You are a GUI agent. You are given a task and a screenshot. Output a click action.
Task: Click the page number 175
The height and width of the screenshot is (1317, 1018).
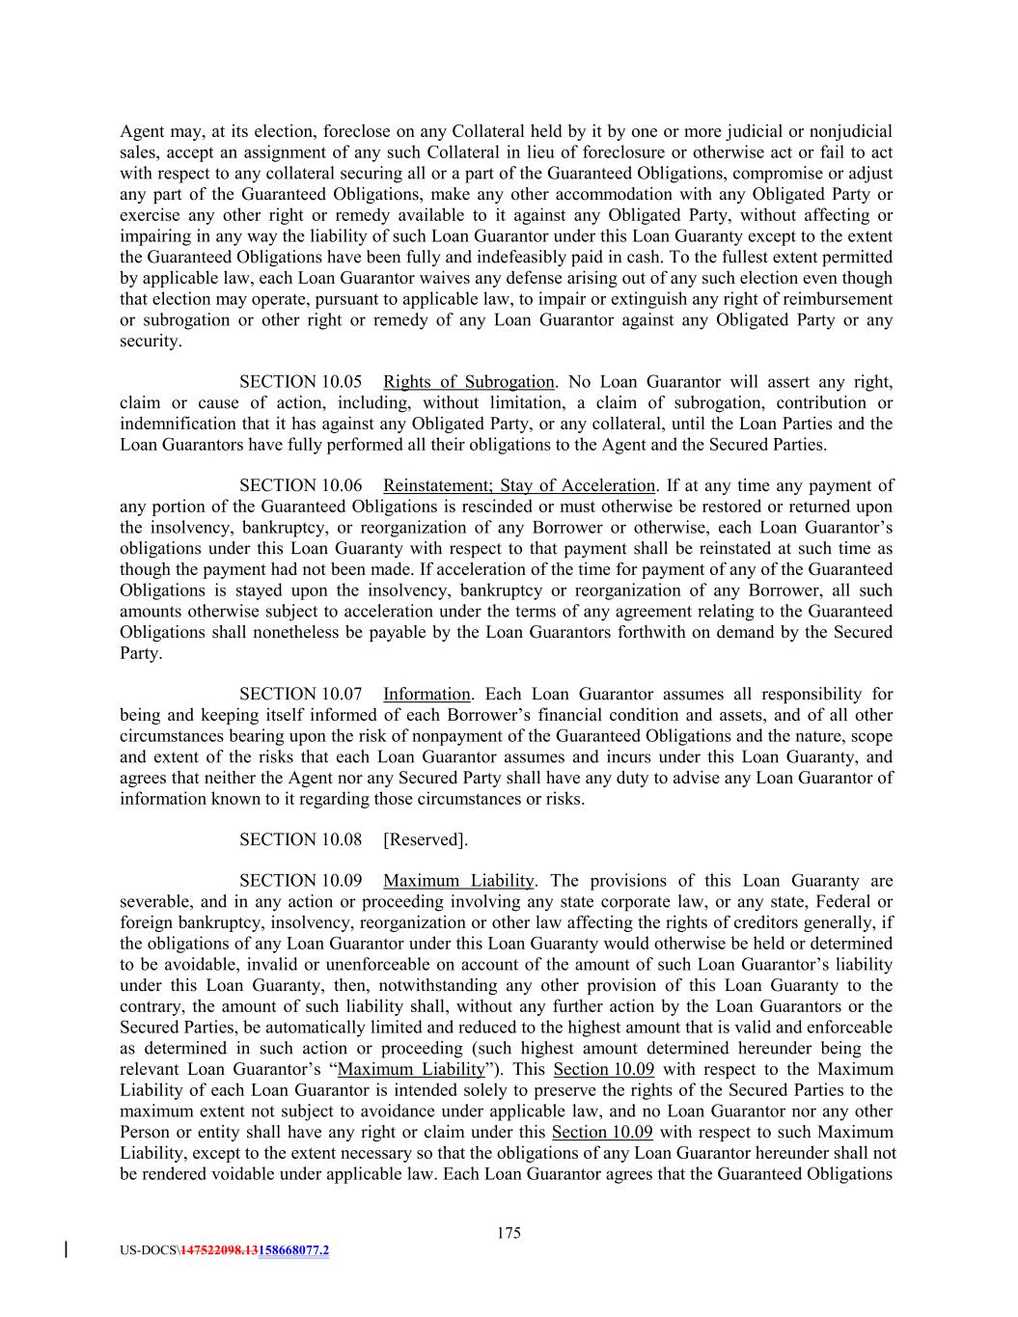pos(509,1232)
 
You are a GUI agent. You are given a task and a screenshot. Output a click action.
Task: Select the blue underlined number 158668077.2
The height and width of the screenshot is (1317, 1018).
pos(294,1250)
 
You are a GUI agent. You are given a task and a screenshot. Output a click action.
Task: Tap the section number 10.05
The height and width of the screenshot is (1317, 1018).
pos(331,382)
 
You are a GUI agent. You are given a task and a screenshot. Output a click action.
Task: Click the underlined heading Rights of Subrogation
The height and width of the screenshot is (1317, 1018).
pos(469,382)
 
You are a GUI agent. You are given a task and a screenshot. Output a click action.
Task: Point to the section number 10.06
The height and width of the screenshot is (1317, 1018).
pos(331,485)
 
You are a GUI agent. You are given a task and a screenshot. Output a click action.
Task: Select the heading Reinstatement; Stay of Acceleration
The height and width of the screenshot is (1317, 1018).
pos(519,485)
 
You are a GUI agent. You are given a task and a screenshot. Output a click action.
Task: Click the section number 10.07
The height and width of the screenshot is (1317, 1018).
pos(331,694)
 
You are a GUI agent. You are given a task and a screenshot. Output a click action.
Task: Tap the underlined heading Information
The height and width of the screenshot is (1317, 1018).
pos(426,694)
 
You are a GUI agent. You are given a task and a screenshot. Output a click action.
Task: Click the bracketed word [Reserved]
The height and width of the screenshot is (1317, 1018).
pos(426,839)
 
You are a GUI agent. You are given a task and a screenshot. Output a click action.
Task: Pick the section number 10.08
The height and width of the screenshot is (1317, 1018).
pos(331,839)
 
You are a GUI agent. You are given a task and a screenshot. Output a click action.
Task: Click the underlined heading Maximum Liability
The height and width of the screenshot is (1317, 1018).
pos(458,881)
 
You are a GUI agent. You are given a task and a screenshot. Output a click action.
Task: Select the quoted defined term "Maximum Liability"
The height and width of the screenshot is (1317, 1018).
pos(412,1069)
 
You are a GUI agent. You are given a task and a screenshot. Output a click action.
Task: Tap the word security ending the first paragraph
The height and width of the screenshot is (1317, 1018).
pos(150,341)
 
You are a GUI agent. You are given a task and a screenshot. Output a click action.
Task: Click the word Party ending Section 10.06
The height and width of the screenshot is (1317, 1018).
pos(140,653)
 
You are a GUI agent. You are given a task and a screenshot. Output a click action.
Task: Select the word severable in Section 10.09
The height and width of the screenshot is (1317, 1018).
pos(154,902)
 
